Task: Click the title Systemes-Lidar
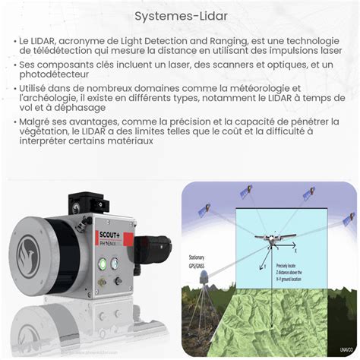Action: point(179,14)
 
